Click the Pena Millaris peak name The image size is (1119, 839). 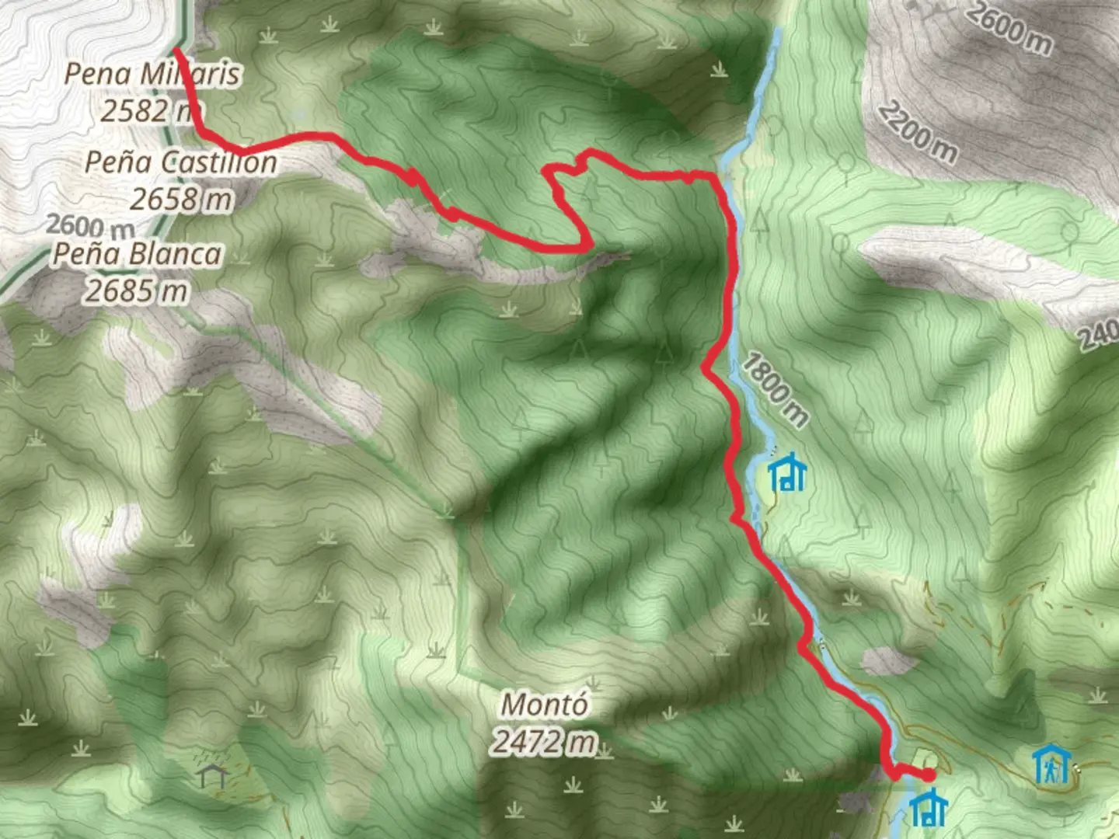tap(152, 75)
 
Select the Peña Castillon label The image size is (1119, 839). tap(180, 162)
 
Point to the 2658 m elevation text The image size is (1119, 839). tap(180, 200)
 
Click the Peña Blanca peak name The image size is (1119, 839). tap(137, 254)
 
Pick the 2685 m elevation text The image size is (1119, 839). tap(137, 291)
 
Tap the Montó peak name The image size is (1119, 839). tap(544, 705)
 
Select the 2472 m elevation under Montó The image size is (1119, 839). tap(544, 743)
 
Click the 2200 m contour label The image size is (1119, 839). tap(917, 133)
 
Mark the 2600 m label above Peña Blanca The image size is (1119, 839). tap(89, 226)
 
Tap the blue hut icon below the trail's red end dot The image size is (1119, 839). tap(928, 808)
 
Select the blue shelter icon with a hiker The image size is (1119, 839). tap(1052, 764)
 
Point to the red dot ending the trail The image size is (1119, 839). tap(928, 775)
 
